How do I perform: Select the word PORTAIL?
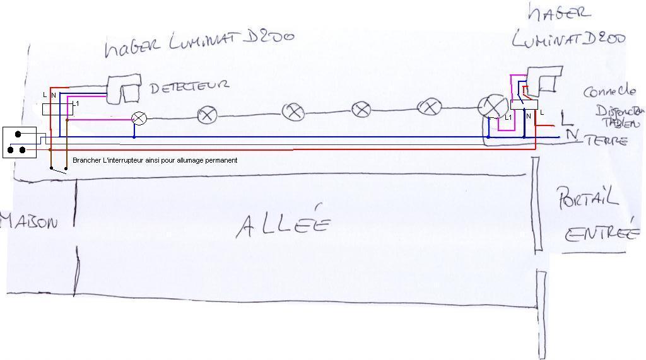click(587, 199)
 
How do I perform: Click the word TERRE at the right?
click(607, 141)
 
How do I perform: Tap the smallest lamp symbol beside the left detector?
click(139, 118)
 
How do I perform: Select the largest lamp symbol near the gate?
click(489, 107)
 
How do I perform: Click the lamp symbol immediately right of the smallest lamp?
click(207, 115)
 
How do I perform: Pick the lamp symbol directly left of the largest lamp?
click(430, 107)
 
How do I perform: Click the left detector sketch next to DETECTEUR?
click(124, 90)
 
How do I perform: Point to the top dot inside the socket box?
click(19, 134)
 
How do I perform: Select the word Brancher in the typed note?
click(86, 160)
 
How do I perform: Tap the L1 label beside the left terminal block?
click(76, 103)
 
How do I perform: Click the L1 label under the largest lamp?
click(508, 117)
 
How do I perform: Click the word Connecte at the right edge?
click(609, 91)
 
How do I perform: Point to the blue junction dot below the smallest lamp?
click(134, 136)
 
